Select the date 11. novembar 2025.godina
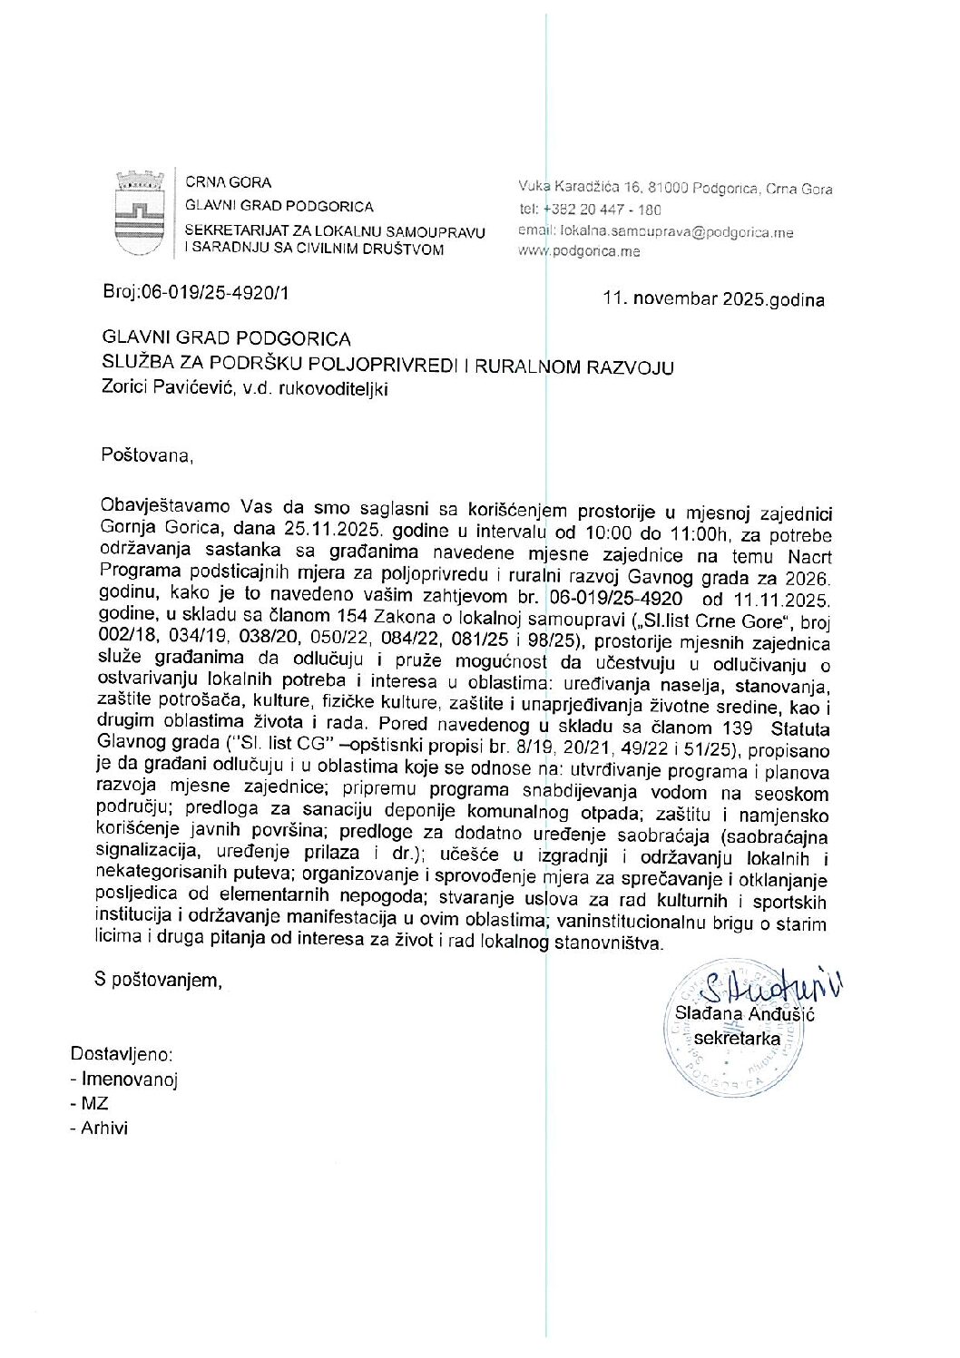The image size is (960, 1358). (x=714, y=298)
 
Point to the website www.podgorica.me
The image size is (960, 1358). (x=579, y=251)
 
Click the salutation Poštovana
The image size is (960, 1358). (x=148, y=454)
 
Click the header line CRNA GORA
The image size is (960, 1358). (x=228, y=182)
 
